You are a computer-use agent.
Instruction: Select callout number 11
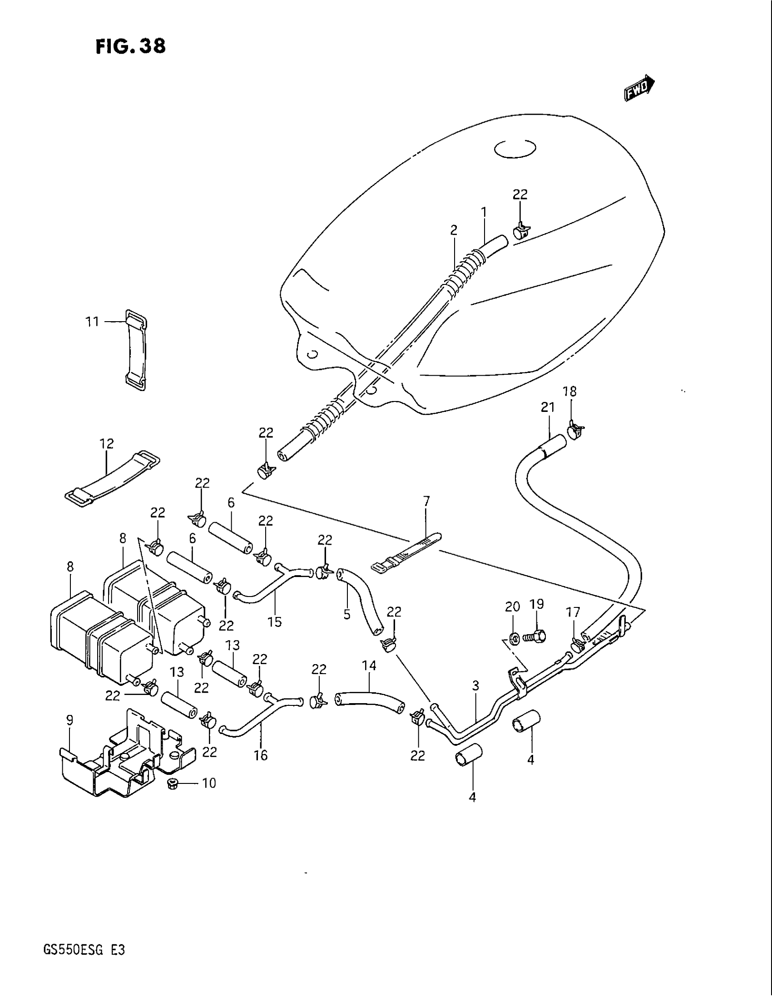coord(92,322)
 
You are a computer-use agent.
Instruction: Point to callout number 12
coord(107,443)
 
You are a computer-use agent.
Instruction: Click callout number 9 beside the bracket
coord(69,721)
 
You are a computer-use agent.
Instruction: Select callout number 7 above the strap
coord(426,501)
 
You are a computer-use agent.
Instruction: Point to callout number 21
coord(548,407)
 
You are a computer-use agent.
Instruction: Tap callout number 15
coord(275,621)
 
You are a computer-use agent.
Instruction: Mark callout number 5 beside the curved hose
coord(347,614)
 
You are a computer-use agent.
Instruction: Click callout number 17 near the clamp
coord(573,612)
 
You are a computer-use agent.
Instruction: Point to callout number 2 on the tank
coord(453,230)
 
